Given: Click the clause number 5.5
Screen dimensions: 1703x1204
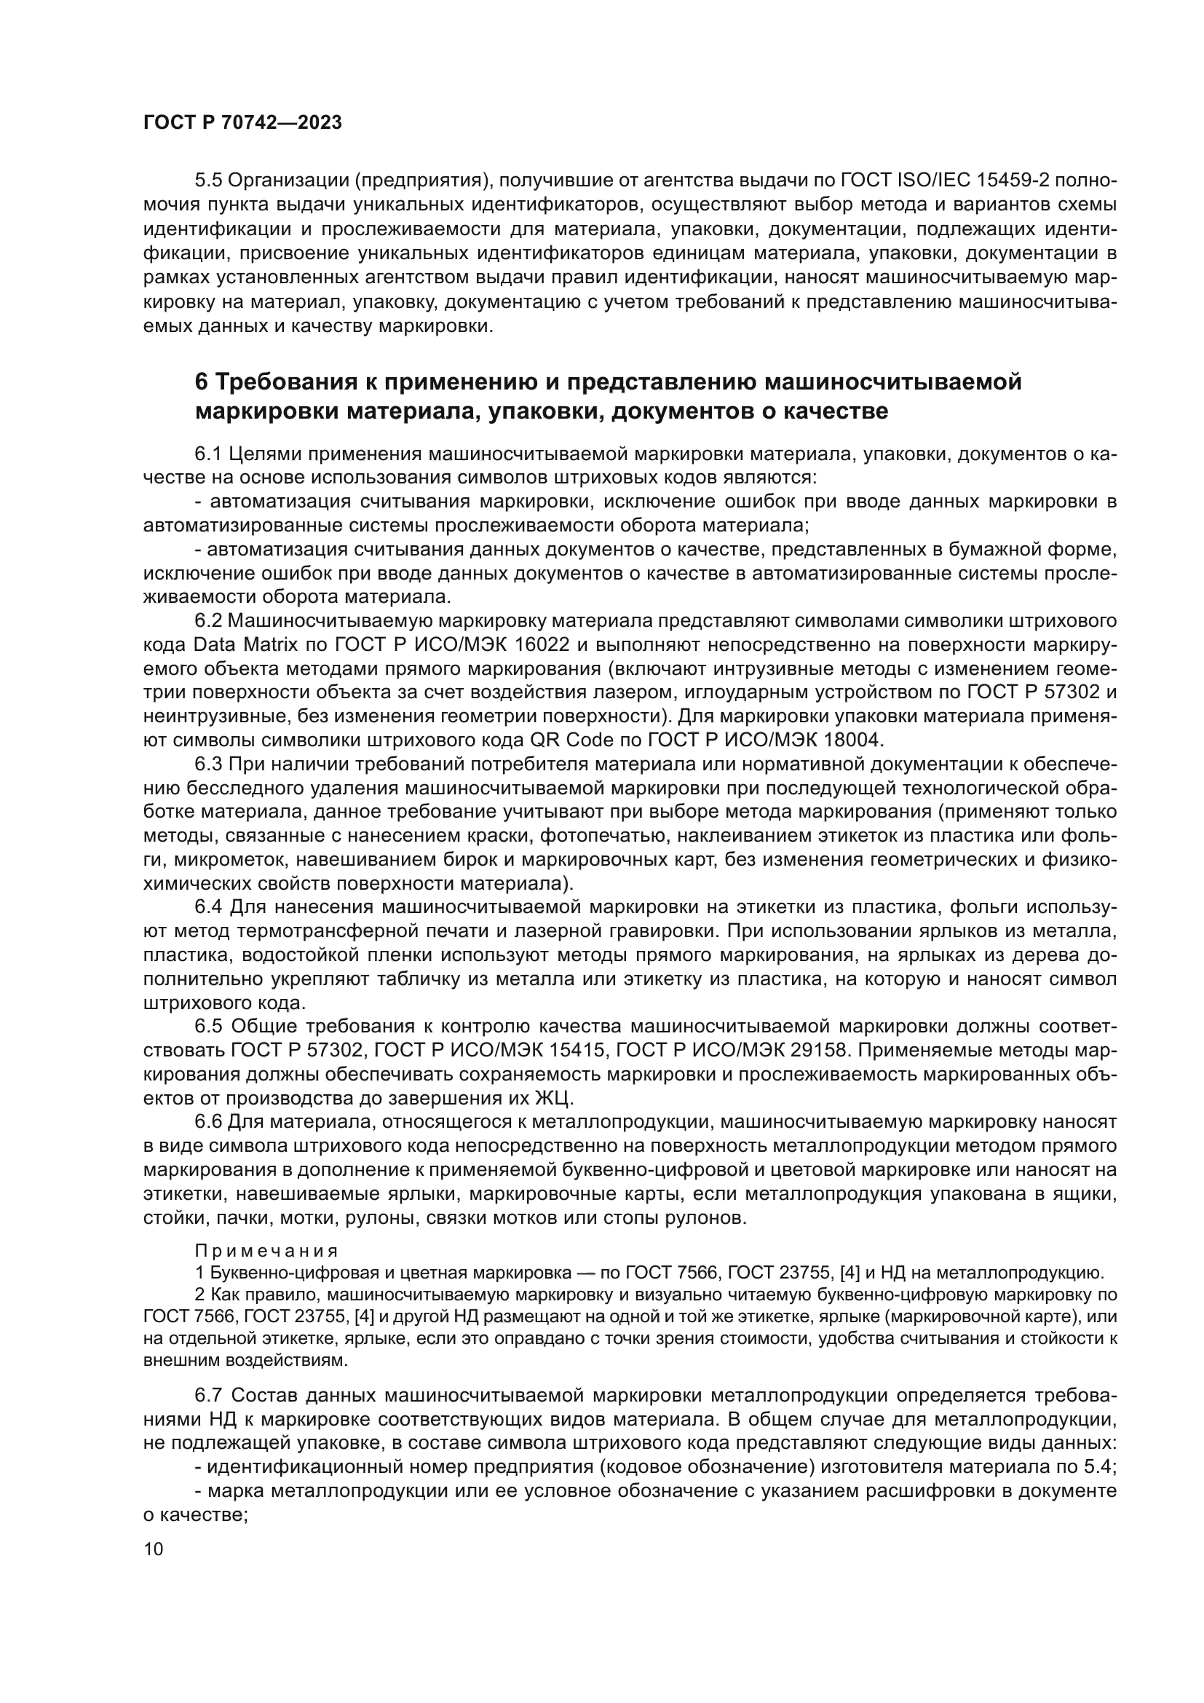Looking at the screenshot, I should point(208,181).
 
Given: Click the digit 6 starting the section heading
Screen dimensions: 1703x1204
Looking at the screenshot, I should point(201,382).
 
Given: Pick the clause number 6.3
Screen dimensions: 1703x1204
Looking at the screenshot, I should point(208,764).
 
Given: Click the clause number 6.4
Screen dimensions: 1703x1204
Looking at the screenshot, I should point(208,907).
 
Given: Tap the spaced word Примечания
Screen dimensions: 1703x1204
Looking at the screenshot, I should point(266,1252).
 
